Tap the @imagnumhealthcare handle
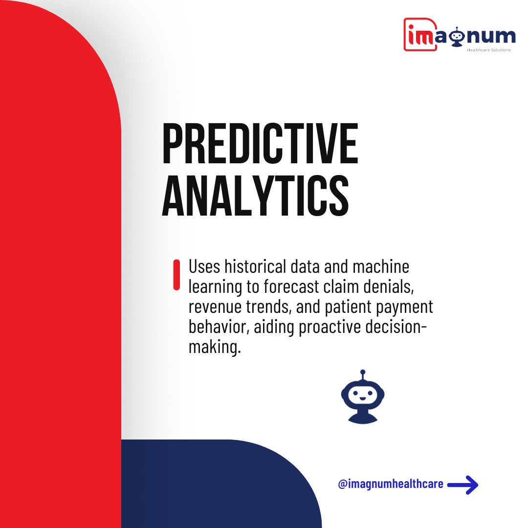[391, 484]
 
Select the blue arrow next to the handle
[463, 485]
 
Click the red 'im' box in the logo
[419, 35]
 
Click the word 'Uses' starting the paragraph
[204, 268]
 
